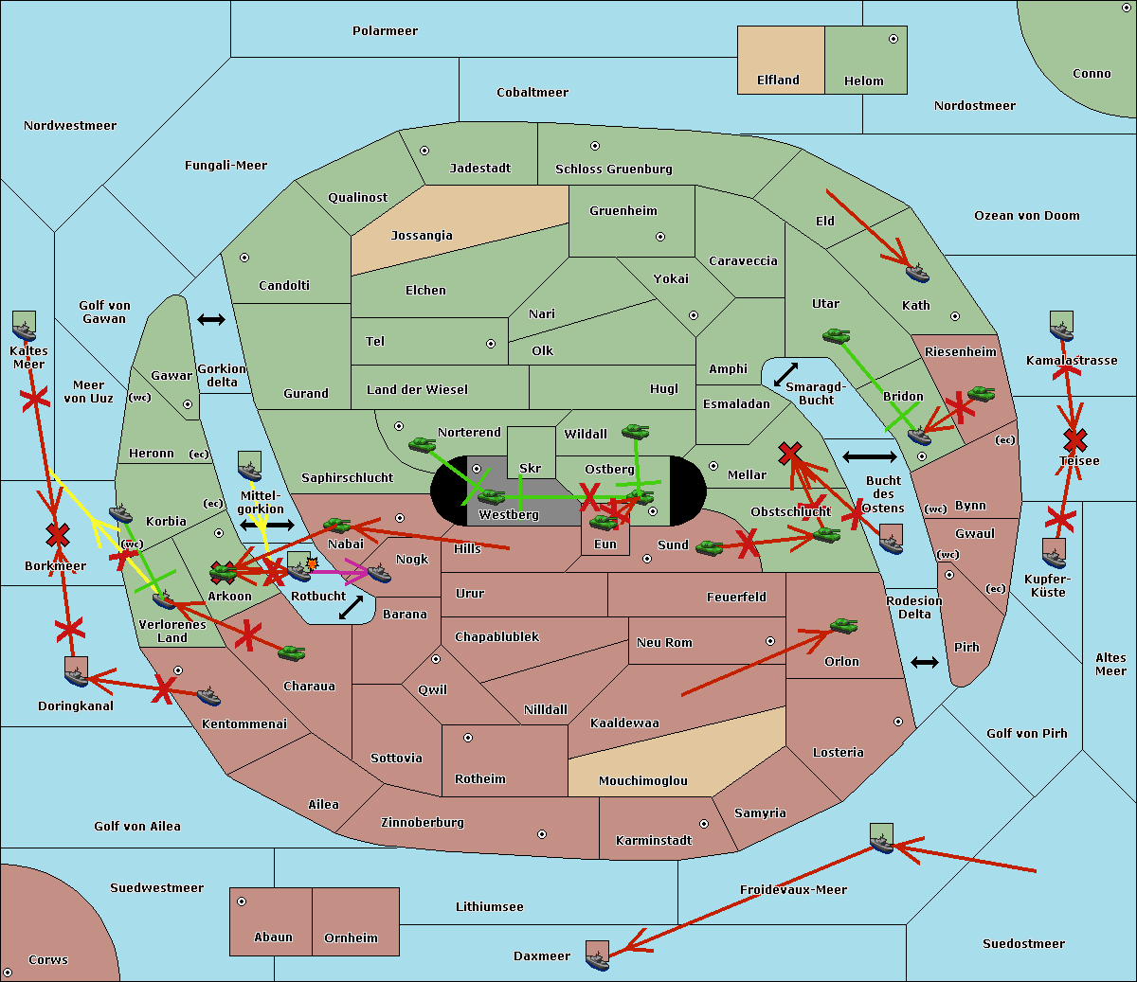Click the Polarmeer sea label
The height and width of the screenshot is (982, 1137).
coord(385,31)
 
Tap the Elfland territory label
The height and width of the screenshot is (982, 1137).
coord(778,80)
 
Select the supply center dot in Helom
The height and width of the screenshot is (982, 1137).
coord(893,39)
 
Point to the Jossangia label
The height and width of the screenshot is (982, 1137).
coord(422,236)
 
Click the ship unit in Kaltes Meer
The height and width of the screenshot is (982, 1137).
coord(24,328)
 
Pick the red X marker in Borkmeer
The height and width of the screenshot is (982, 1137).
coord(58,536)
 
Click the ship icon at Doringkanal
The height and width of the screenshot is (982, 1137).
coord(77,673)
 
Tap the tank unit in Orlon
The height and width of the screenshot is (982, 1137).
coord(843,626)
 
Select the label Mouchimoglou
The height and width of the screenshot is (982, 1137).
coord(642,781)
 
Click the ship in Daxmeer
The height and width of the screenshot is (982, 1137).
coord(597,956)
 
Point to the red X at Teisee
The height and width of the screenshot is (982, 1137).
coord(1074,439)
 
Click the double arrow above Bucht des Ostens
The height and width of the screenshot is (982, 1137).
coord(869,457)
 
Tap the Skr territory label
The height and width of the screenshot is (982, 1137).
coord(530,468)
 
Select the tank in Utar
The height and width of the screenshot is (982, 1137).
coord(836,336)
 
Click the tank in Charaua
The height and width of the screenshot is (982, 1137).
coord(292,652)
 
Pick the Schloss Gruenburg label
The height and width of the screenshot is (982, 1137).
coord(613,170)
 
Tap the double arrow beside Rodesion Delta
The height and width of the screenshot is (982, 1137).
coord(925,662)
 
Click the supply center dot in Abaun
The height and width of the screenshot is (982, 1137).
coord(242,902)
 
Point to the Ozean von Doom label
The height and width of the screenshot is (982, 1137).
coord(1026,216)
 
